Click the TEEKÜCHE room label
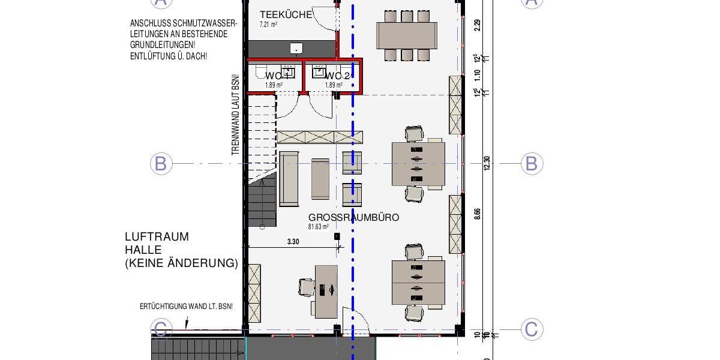(286, 14)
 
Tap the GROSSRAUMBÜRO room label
(353, 217)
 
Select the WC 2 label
(337, 76)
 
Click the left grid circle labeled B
(161, 164)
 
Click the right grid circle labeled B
(531, 164)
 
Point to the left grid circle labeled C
(161, 329)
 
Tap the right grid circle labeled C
(531, 329)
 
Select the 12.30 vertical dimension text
(487, 164)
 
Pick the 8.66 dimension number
(478, 215)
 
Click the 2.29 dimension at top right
(478, 25)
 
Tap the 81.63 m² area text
(319, 227)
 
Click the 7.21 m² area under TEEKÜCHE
(268, 25)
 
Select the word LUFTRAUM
(157, 236)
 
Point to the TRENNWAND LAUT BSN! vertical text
(235, 115)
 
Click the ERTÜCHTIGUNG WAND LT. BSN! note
(186, 307)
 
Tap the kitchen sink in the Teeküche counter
(295, 48)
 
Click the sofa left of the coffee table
(289, 178)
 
